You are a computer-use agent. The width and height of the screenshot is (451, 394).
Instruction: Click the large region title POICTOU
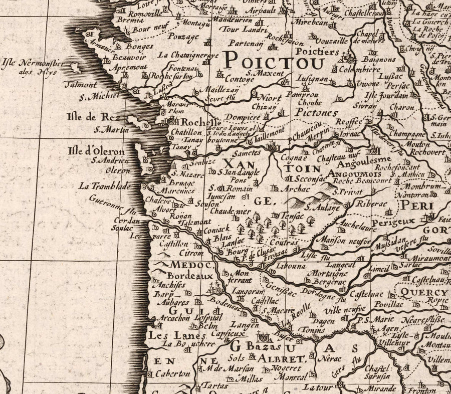click(x=274, y=61)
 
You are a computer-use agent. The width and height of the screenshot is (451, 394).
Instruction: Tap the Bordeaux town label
click(x=190, y=276)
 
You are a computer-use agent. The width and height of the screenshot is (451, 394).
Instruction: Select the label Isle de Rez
click(x=93, y=117)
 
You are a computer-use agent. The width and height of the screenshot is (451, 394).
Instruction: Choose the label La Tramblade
click(x=104, y=186)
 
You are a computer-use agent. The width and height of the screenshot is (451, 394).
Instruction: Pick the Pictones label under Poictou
click(x=316, y=113)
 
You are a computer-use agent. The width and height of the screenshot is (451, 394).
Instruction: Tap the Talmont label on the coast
click(x=80, y=85)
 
